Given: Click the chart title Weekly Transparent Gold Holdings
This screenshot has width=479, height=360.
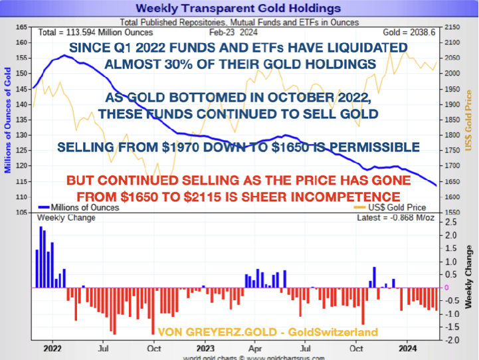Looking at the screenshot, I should [239, 8].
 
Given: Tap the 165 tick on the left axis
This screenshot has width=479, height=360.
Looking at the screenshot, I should [21, 27].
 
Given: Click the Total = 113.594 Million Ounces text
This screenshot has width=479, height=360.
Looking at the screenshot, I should [92, 32].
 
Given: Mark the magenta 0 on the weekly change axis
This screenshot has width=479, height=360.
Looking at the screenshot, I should [446, 288].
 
